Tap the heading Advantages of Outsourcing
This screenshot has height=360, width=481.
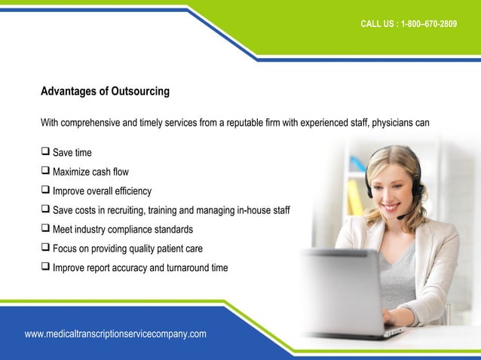105,92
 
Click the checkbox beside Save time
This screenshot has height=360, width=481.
45,152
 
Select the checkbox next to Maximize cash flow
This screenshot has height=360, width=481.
45,172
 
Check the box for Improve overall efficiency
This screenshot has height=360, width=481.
45,191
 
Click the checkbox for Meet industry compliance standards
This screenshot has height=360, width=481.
45,229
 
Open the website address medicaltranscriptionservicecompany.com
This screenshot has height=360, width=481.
115,334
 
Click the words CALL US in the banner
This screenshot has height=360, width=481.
378,24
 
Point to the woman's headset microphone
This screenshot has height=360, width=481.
400,217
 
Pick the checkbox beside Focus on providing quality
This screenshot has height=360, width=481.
45,248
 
